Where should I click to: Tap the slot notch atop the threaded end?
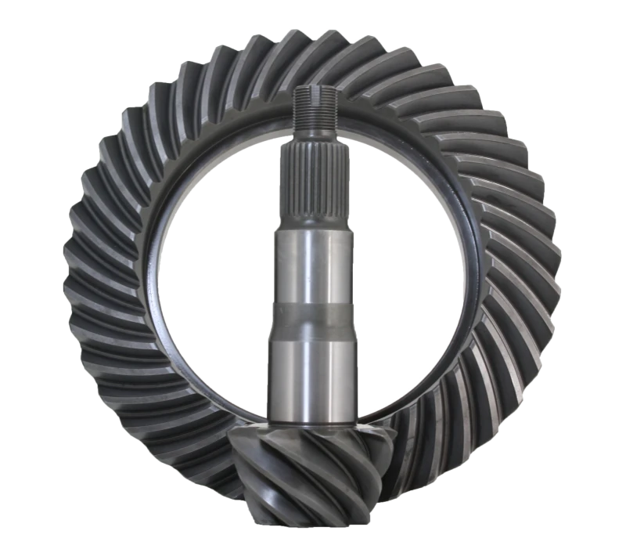(316, 91)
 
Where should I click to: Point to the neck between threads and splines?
(315, 141)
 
